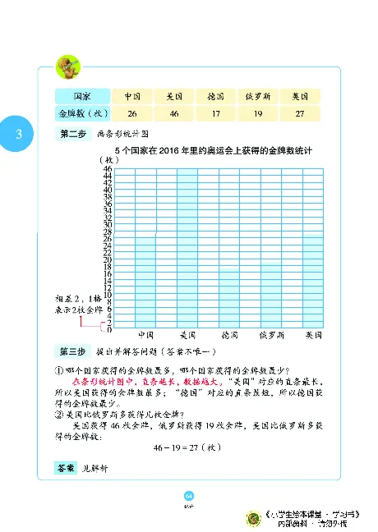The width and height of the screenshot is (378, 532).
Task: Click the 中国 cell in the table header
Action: point(132,95)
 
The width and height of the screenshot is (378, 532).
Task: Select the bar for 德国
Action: point(229,300)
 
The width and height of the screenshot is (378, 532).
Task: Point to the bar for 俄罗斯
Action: point(271,296)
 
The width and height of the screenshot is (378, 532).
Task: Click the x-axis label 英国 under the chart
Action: point(313,336)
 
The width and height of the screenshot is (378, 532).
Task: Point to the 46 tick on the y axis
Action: point(108,168)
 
